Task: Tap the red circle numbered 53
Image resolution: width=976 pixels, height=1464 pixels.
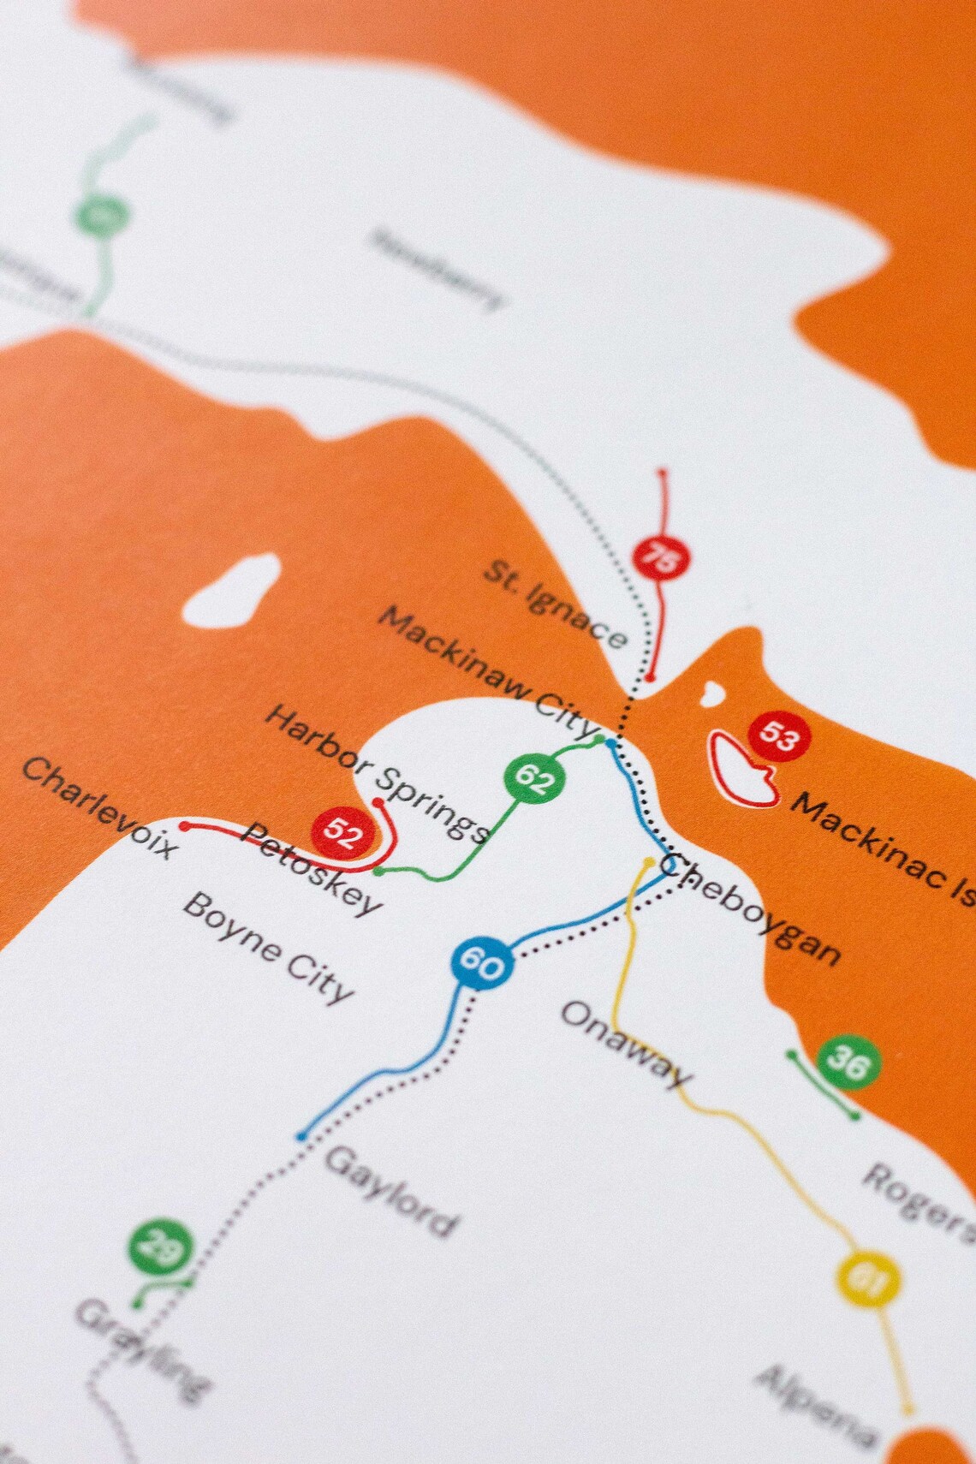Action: coord(778,735)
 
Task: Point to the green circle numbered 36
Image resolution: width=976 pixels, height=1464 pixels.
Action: coord(848,1062)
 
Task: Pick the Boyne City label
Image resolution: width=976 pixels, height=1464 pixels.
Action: coord(268,948)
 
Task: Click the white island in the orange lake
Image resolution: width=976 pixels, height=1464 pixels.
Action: coord(233,589)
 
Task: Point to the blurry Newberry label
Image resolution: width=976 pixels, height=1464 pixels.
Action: coord(437,269)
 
